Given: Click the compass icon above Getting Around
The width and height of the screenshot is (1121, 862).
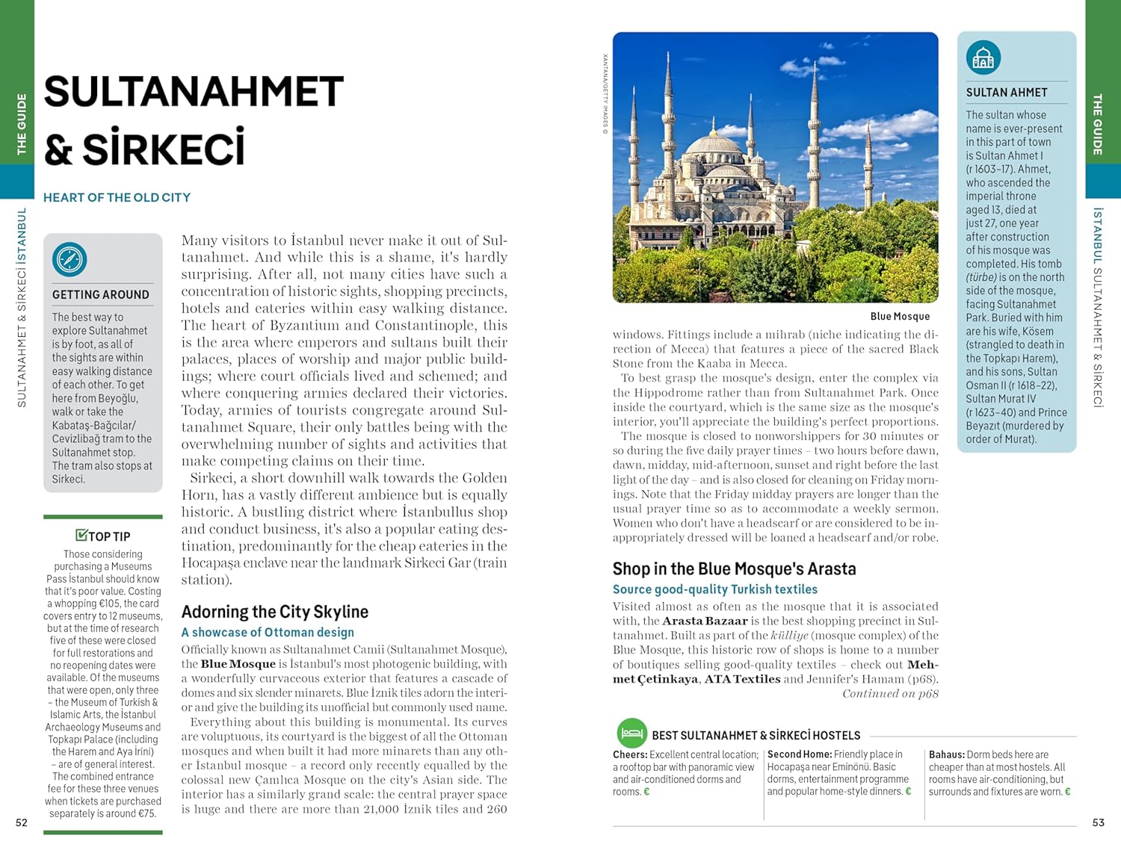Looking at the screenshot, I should tap(70, 260).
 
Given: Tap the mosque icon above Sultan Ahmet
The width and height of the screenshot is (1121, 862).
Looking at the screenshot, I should tap(983, 58).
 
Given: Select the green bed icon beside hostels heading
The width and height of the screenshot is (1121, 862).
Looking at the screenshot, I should tap(631, 734).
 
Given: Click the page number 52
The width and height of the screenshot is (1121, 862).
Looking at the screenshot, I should tap(22, 822).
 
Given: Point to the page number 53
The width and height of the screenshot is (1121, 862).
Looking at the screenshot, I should tap(1098, 822).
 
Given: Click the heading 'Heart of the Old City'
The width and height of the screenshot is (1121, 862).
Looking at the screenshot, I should tap(117, 198).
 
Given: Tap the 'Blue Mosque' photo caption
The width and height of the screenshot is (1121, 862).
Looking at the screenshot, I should tap(900, 317).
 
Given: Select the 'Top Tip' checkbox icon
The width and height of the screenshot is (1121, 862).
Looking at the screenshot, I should tap(81, 535).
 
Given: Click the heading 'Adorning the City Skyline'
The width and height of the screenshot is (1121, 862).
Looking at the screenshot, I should tap(274, 612).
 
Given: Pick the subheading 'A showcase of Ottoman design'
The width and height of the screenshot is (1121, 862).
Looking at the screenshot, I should tap(268, 633).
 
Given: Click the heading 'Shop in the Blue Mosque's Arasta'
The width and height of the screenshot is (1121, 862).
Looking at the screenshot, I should tap(734, 569).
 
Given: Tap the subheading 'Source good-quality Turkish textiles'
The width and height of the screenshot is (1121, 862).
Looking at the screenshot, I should tap(714, 589).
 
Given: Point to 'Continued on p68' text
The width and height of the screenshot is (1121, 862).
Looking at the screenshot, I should tap(890, 694).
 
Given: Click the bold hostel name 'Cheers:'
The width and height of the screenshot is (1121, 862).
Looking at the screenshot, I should tap(630, 755).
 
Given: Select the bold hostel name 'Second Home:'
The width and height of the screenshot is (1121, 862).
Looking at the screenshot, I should tap(799, 755).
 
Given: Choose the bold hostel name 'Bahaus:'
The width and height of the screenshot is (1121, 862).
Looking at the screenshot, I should tap(946, 755).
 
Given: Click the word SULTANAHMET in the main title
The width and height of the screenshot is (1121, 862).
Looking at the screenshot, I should tap(194, 93).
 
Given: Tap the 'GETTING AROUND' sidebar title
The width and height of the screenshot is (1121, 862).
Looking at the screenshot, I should tap(101, 295).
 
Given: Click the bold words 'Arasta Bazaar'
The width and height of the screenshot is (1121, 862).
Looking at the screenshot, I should tap(705, 621).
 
